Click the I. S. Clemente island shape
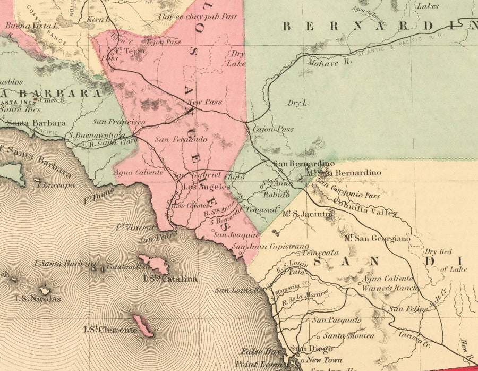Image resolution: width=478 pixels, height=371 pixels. [x=143, y=325]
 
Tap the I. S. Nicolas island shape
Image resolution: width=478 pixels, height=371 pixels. [x=45, y=291]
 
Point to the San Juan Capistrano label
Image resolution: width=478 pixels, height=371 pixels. [x=270, y=247]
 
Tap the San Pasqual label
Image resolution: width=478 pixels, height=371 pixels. [x=336, y=320]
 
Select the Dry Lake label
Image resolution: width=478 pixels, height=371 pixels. [x=236, y=58]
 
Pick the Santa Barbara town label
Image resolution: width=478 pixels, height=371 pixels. [x=36, y=123]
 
